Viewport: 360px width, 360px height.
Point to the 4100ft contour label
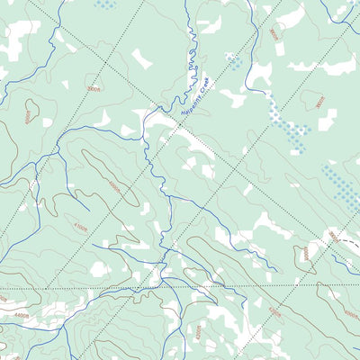coord(81,228)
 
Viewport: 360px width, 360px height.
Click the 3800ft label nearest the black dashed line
coord(335,236)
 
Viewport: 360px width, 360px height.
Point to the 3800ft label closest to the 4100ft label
coord(94,89)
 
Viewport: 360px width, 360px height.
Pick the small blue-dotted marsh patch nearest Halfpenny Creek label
coord(233,60)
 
